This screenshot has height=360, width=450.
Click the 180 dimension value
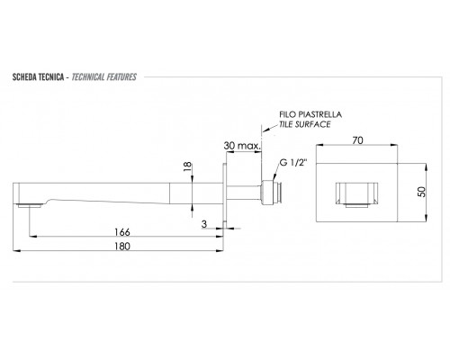pyautogui.click(x=122, y=247)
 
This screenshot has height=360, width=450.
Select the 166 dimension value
pyautogui.click(x=122, y=232)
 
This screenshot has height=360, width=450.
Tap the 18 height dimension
pyautogui.click(x=187, y=166)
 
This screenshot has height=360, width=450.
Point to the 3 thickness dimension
pyautogui.click(x=204, y=224)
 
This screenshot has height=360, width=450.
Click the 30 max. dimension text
pyautogui.click(x=242, y=146)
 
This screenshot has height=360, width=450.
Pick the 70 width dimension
pyautogui.click(x=357, y=140)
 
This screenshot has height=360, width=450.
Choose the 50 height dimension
pyautogui.click(x=421, y=192)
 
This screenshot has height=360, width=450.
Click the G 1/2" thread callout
pyautogui.click(x=293, y=163)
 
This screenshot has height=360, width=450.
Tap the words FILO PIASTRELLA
pyautogui.click(x=310, y=114)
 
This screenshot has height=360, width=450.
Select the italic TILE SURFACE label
pyautogui.click(x=305, y=124)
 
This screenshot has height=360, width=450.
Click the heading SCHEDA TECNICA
pyautogui.click(x=38, y=77)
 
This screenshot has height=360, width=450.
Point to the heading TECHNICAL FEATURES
pyautogui.click(x=104, y=77)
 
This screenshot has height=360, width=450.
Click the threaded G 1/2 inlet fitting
pyautogui.click(x=271, y=193)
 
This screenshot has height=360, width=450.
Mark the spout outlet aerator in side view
pyautogui.click(x=29, y=205)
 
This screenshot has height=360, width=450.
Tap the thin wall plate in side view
pyautogui.click(x=224, y=194)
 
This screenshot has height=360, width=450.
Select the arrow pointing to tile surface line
pyautogui.click(x=270, y=128)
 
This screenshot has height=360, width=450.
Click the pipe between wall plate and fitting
pyautogui.click(x=244, y=193)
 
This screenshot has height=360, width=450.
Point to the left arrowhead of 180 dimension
pyautogui.click(x=17, y=250)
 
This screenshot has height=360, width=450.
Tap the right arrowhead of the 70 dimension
pyautogui.click(x=394, y=145)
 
